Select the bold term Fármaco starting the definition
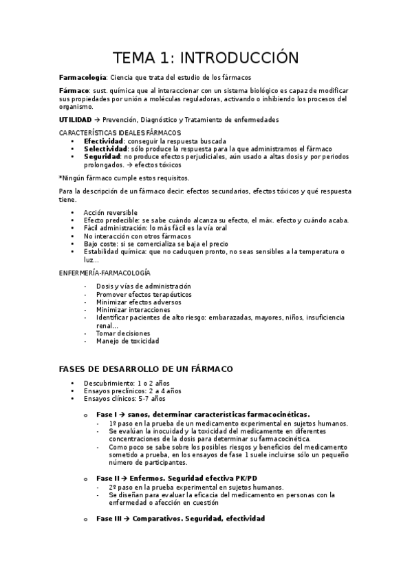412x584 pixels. click(x=74, y=91)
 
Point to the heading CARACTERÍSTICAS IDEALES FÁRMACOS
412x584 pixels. click(x=120, y=132)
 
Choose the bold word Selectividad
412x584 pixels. click(x=106, y=149)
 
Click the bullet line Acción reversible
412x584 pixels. click(x=110, y=212)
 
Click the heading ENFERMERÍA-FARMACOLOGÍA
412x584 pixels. click(x=105, y=273)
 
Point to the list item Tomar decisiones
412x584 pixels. click(x=122, y=333)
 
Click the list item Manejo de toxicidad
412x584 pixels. click(x=127, y=341)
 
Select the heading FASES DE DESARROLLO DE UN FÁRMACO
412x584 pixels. click(x=146, y=369)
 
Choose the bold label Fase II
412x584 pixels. click(x=108, y=477)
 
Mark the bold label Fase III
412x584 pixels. click(x=109, y=518)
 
